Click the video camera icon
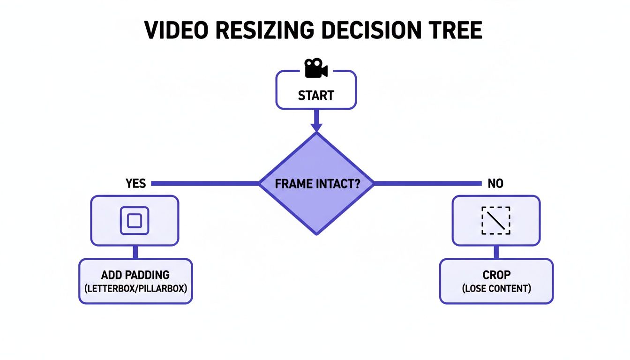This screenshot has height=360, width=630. [316, 68]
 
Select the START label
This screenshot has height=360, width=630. [316, 96]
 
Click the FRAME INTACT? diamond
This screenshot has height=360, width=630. [316, 183]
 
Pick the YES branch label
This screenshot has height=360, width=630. [136, 183]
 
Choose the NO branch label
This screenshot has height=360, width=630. [495, 183]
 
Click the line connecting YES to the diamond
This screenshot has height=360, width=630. [205, 183]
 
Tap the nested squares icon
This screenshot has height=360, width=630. [135, 220]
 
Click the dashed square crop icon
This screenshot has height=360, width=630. [496, 220]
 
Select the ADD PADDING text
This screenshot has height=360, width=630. [135, 275]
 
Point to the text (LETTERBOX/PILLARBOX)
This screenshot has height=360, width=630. [135, 288]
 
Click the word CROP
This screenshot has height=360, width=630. [496, 275]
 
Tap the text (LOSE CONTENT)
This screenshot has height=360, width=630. [496, 288]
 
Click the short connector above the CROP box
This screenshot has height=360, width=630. [496, 252]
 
